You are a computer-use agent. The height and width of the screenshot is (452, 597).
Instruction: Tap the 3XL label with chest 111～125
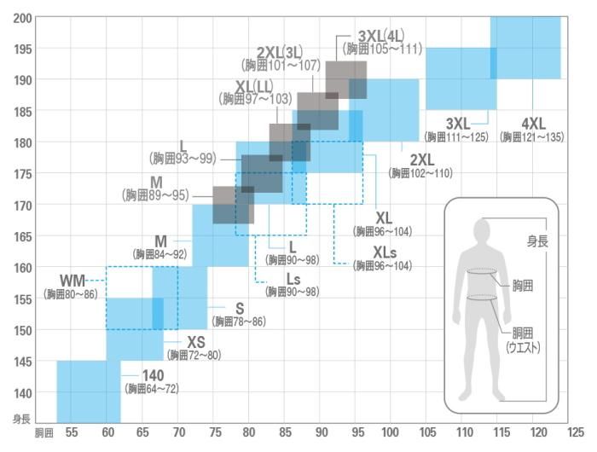[457, 123]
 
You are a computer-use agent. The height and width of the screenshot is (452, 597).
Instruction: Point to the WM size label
[72, 281]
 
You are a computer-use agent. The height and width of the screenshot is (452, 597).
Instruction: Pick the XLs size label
[385, 252]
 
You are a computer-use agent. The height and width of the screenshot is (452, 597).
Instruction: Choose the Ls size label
[293, 279]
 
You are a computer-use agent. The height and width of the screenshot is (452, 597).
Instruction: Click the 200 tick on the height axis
[22, 18]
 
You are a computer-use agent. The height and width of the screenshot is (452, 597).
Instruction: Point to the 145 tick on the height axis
[22, 362]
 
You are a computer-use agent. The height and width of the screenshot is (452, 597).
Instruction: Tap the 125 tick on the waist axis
[577, 432]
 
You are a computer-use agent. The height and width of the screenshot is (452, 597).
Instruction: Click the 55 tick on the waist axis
[72, 432]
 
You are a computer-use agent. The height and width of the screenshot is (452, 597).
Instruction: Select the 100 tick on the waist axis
[390, 432]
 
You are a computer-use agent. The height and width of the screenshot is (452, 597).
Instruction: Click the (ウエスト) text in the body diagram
[523, 348]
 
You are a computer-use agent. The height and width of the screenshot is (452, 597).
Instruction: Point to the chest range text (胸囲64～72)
[152, 389]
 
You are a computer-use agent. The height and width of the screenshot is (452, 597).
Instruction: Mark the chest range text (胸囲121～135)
[532, 136]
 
